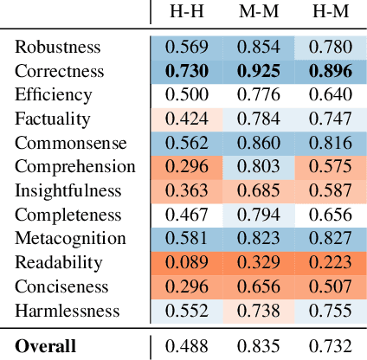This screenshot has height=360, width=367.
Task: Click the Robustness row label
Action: point(57,47)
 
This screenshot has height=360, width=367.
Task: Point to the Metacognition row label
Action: point(70,238)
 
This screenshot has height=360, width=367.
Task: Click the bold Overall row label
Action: point(45,346)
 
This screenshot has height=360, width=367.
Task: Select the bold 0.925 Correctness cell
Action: point(257,71)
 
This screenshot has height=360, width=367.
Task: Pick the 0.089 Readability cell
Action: point(185,262)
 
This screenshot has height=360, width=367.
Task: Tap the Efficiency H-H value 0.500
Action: point(185,94)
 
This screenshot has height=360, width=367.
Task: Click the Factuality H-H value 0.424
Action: point(185,119)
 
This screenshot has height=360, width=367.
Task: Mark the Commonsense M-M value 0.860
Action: point(257,143)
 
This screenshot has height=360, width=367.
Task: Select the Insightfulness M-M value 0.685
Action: point(257,190)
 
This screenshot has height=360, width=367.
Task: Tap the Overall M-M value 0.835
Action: point(257,346)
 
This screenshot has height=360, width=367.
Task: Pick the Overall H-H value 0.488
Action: point(185,346)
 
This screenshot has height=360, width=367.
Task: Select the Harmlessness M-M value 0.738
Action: point(257,310)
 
